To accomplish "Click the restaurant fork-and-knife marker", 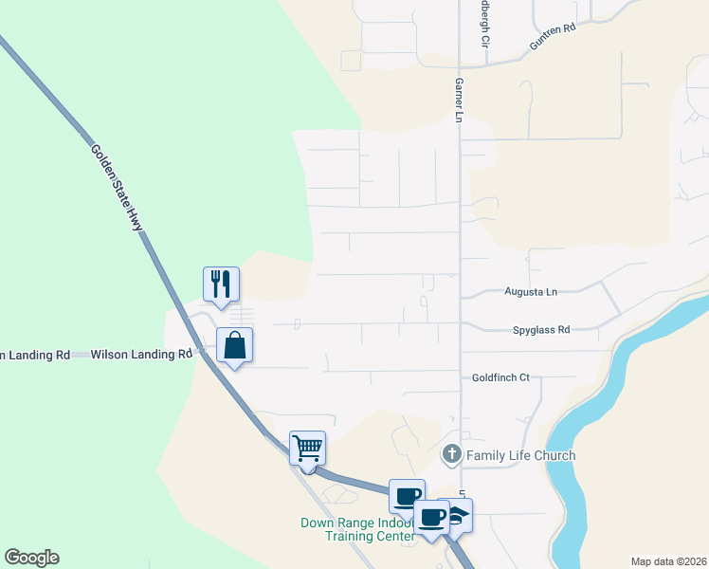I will [221, 284].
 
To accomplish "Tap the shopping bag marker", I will [234, 345].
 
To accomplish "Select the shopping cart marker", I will [307, 447].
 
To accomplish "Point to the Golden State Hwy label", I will [117, 187].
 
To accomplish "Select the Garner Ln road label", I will [457, 99].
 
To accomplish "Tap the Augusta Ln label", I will [531, 292].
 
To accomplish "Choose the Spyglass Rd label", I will [540, 330].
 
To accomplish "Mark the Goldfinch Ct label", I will [500, 377].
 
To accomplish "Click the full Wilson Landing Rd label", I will [141, 355].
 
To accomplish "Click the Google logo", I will [31, 558].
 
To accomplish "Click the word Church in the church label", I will [554, 456].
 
